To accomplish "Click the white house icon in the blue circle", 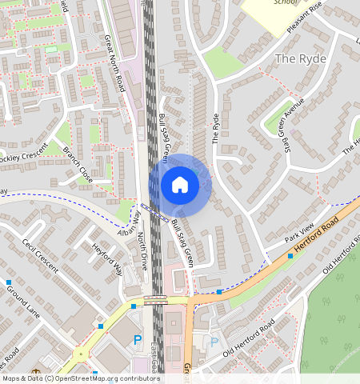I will click(180, 185).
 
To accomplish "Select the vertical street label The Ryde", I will click(215, 129).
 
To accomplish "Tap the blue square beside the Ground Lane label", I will click(8, 282).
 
